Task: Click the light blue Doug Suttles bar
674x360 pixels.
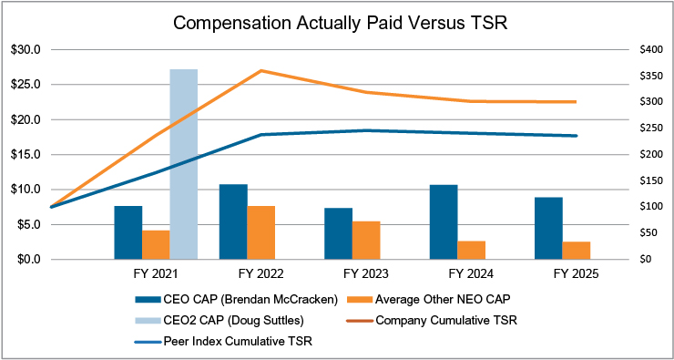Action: click(x=184, y=164)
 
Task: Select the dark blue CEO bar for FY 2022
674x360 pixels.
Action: click(x=233, y=222)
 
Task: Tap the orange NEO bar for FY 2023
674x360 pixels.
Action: click(x=366, y=241)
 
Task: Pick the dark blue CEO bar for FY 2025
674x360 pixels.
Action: click(x=548, y=229)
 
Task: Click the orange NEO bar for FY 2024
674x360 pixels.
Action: click(x=472, y=251)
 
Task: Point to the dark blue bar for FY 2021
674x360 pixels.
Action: click(x=128, y=232)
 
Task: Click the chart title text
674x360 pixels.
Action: click(x=340, y=23)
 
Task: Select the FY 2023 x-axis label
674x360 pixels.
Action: click(x=366, y=274)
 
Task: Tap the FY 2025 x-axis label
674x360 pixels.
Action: click(x=576, y=274)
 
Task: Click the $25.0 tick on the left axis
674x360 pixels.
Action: click(x=26, y=85)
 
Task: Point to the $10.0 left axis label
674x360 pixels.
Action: click(x=26, y=190)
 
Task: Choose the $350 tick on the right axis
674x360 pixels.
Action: click(x=649, y=77)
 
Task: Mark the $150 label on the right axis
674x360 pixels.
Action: click(x=649, y=181)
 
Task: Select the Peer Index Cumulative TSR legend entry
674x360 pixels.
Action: click(x=223, y=342)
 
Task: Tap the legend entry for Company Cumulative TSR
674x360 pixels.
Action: click(x=432, y=321)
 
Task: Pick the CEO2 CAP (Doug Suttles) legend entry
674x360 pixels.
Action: click(x=223, y=321)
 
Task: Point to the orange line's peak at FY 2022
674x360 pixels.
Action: click(x=260, y=70)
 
